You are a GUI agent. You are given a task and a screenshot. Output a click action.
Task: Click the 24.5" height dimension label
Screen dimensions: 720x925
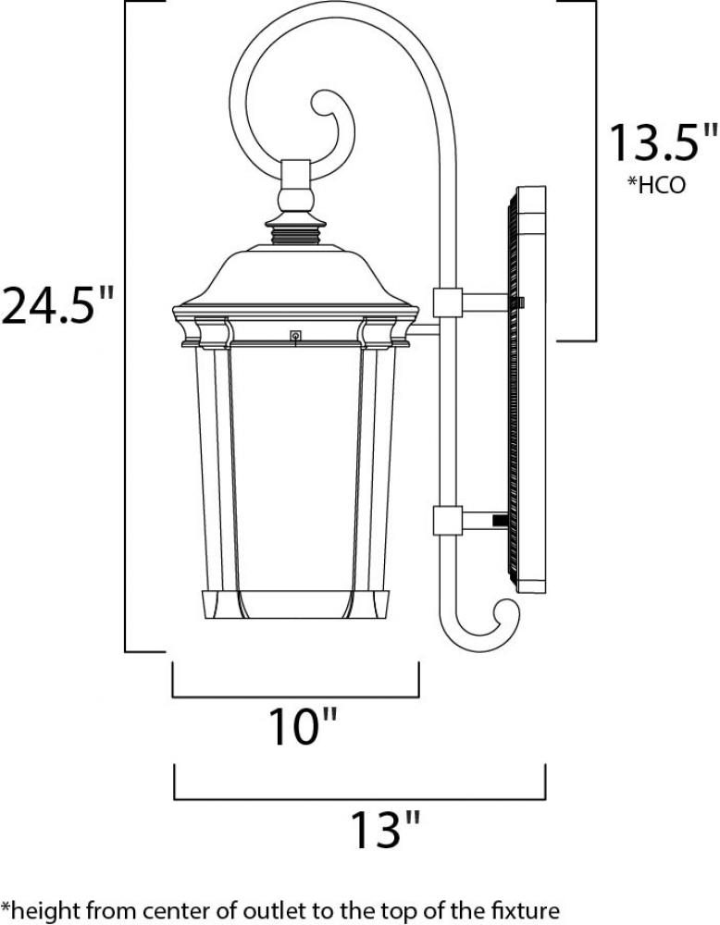point(56,304)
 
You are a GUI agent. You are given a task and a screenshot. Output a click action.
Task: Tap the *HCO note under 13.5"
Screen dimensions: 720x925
point(656,185)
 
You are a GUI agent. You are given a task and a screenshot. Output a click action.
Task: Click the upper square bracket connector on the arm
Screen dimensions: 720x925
point(447,302)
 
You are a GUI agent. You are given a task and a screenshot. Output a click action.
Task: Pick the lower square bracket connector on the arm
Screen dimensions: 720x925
point(447,520)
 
